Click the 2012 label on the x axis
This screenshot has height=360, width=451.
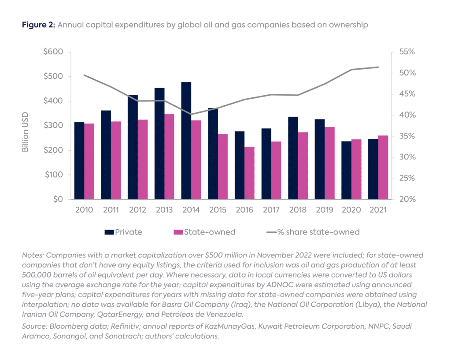(x=138, y=210)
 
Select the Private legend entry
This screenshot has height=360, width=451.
(x=123, y=232)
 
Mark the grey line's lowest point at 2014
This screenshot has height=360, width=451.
(x=191, y=114)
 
